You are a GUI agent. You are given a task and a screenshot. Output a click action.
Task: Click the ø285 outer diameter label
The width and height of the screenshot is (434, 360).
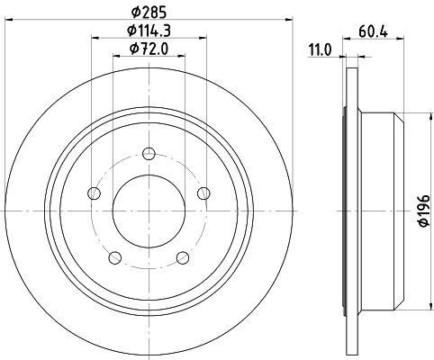[148, 13]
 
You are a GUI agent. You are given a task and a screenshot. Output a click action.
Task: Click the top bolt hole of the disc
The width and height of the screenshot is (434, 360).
[148, 153]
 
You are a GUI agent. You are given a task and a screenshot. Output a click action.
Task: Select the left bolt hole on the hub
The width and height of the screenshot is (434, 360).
[94, 192]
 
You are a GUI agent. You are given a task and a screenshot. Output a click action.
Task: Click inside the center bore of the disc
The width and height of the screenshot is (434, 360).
[148, 210]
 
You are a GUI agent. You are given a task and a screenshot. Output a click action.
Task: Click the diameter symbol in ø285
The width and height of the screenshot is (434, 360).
[133, 13]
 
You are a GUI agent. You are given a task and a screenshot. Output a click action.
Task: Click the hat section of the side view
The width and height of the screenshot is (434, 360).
[379, 210]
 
